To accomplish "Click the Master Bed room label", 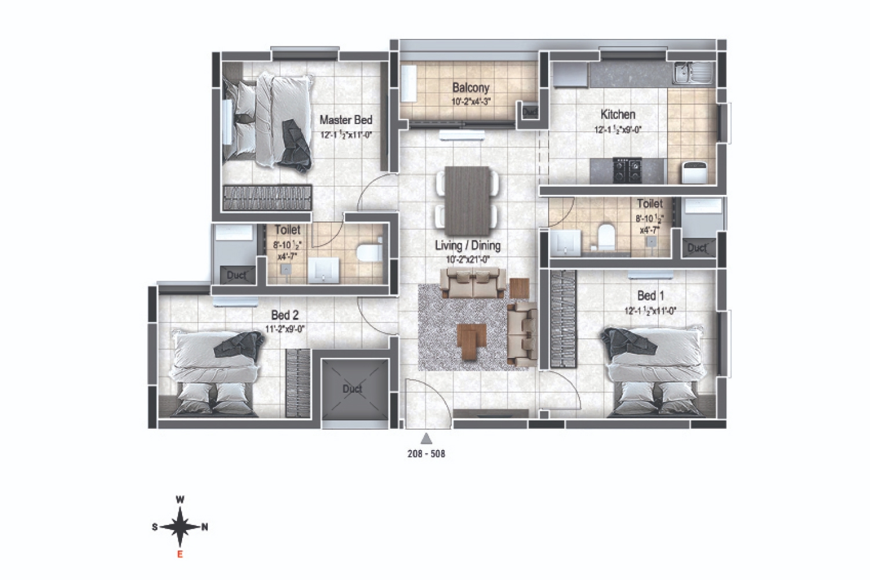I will point(346,120).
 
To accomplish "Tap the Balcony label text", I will point(470,88).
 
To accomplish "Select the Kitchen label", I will point(618,114).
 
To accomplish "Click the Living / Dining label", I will point(467,245).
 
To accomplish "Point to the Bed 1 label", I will point(650,296).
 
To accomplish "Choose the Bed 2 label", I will point(285,315).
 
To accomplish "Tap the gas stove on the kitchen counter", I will point(628,170).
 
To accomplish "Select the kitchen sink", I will point(694,73).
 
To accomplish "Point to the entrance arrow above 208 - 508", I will point(426,438).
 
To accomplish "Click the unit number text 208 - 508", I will point(426,454).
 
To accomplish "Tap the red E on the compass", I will point(180,554).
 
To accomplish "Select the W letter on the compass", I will point(180,499).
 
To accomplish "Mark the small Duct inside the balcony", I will point(530,111).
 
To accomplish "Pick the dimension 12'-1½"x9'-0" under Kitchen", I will point(618,130).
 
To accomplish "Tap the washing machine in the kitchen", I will point(694,172).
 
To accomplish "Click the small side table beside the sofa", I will point(519,288).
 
